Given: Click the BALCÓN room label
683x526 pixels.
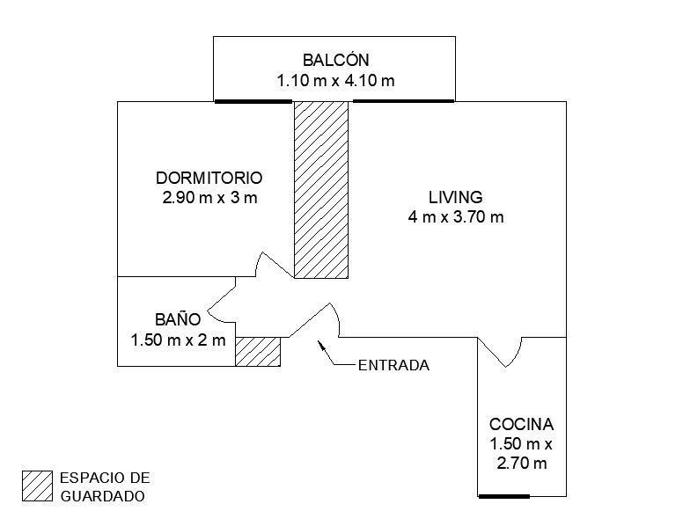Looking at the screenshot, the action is point(336,60).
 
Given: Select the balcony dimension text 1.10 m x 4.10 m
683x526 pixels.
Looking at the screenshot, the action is point(336,81).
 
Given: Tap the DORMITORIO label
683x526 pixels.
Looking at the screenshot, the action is point(209,178).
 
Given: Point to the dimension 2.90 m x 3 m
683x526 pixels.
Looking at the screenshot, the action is point(210,198).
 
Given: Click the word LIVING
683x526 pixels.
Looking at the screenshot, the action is point(456,197).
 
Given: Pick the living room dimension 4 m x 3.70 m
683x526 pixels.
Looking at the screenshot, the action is point(456,217).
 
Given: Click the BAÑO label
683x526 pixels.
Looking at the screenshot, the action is point(178,319).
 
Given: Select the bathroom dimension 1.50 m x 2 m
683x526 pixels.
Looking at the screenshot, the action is point(178,340).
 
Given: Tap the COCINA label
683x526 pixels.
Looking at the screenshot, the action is point(521,424).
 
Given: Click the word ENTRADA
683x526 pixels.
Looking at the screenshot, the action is point(393,365).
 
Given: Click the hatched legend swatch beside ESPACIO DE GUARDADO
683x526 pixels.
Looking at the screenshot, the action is point(38,486).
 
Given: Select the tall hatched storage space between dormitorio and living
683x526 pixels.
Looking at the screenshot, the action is point(321,190).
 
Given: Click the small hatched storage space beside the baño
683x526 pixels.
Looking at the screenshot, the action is point(258,351).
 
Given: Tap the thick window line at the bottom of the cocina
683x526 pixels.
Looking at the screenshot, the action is point(504,496).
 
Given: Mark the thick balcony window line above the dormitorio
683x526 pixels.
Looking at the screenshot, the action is point(253,101).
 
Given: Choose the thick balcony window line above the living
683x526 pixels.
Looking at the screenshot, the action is point(403,101).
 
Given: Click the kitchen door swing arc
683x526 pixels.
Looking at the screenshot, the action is point(516,354).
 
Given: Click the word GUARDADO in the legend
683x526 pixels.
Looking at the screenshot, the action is point(102,496).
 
